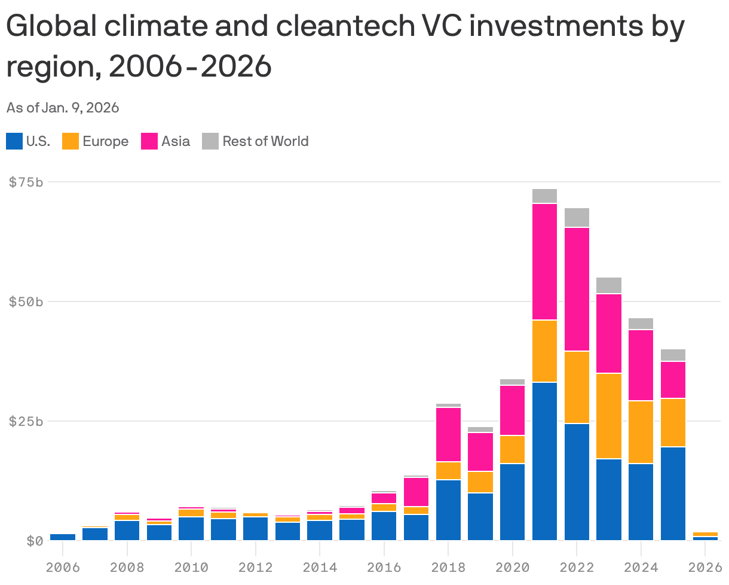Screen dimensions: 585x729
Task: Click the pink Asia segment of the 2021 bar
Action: coord(544,262)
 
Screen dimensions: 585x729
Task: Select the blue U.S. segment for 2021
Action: coord(544,461)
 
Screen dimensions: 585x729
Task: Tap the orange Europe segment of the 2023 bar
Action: coord(609,416)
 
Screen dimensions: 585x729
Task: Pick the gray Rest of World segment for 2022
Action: coord(577,218)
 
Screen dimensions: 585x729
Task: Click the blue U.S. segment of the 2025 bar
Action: coord(673,493)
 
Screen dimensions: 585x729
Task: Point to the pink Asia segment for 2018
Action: coord(448,434)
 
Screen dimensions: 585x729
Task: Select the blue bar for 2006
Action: coord(63,537)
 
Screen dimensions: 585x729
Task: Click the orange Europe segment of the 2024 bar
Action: coord(641,432)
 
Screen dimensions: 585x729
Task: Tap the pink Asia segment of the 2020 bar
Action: coord(513,410)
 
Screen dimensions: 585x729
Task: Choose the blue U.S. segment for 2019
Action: coord(480,516)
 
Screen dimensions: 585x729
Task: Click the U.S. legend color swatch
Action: coord(14,141)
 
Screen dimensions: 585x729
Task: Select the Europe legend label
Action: coord(105,141)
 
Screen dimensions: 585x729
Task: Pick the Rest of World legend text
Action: coord(265,141)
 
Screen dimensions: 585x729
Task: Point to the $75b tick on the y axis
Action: coord(26,182)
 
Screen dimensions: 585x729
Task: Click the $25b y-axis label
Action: coord(26,421)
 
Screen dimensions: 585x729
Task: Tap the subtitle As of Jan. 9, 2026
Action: coord(63,108)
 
